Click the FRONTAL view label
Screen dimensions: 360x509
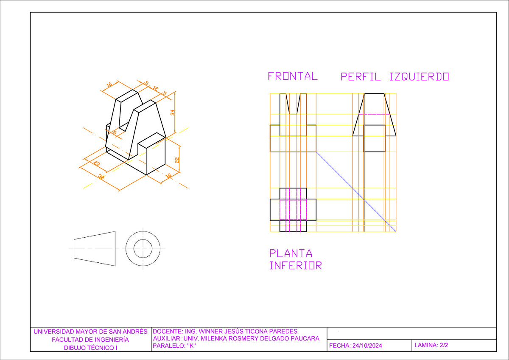point(292,76)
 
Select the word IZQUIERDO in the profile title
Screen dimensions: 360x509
point(419,77)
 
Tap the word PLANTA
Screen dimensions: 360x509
point(291,253)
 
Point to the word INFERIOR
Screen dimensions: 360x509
point(296,266)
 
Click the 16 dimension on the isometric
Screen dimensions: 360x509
point(109,85)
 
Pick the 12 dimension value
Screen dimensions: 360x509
point(156,88)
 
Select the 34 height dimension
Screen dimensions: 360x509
point(172,112)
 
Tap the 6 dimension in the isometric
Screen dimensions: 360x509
point(114,133)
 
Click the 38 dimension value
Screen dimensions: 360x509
point(101,177)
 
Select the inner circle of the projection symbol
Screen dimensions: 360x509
point(143,248)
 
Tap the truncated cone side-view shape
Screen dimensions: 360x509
point(95,248)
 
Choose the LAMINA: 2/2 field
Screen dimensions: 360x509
point(431,346)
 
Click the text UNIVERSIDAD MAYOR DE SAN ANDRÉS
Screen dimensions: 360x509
point(90,332)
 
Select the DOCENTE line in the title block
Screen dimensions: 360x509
point(225,332)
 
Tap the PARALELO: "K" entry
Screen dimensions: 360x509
point(174,346)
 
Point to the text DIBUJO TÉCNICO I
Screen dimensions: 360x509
point(90,348)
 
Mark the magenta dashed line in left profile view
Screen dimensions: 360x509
point(374,114)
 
